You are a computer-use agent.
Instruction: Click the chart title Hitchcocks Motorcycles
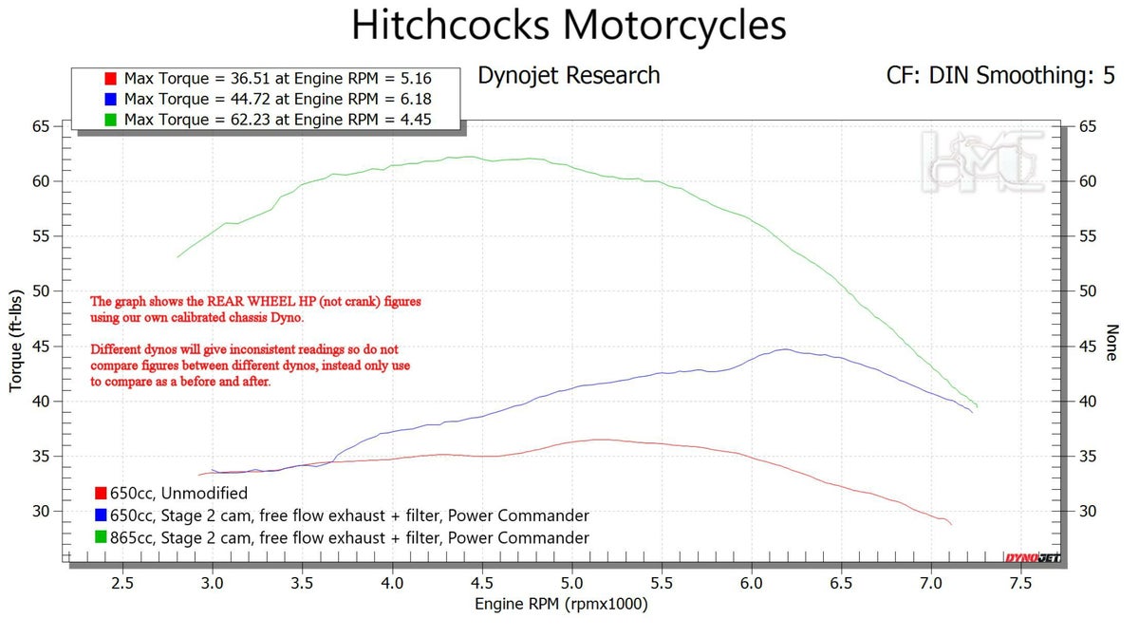click(569, 26)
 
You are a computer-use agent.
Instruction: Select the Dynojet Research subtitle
click(569, 76)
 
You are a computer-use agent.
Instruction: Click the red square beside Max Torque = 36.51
click(110, 78)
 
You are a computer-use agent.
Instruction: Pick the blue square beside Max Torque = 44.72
click(110, 99)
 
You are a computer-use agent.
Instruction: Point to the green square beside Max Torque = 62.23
click(110, 119)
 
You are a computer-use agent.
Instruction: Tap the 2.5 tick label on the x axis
click(122, 582)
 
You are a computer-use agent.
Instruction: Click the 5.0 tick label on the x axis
click(571, 582)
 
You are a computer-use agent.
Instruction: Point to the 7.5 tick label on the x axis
click(1020, 582)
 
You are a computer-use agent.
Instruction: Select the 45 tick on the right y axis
click(1088, 347)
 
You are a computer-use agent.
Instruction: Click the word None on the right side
click(1111, 343)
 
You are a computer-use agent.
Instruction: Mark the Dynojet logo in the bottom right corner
click(1033, 556)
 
